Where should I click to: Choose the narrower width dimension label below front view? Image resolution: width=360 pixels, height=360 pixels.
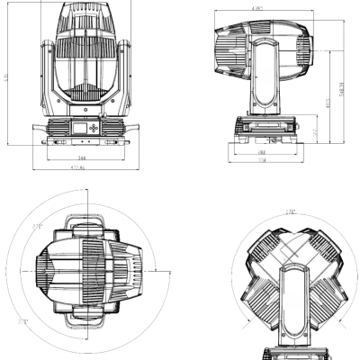(82, 157)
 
